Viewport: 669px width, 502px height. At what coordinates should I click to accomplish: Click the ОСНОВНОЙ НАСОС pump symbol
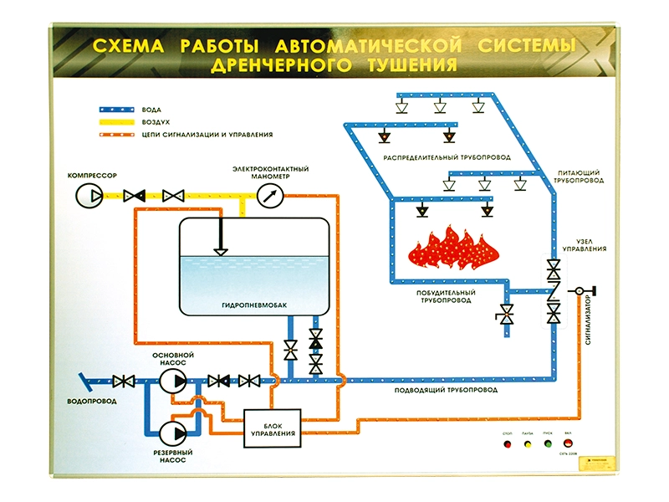(174, 381)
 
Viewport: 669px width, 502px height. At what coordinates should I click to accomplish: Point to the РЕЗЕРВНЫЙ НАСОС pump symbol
(173, 433)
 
